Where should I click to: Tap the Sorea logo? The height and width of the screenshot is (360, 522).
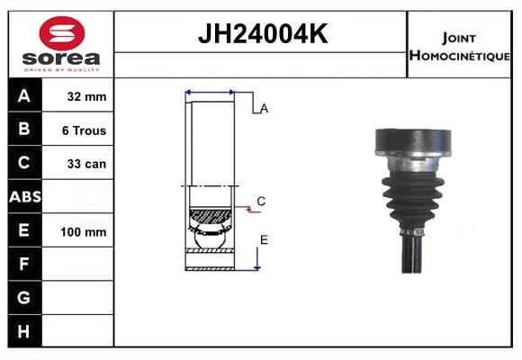tap(61, 45)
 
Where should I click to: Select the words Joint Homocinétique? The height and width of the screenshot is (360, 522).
tap(460, 46)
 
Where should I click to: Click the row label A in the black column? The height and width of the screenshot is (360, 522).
tap(24, 95)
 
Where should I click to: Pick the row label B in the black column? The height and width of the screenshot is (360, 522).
tap(24, 129)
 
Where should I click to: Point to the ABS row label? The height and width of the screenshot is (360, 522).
tap(24, 196)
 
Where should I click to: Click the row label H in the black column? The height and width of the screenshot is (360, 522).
tap(24, 331)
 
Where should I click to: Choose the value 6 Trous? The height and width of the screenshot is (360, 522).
tap(84, 130)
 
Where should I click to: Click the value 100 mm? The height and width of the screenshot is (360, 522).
tap(84, 231)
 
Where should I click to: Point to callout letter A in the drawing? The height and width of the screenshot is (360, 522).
tap(264, 109)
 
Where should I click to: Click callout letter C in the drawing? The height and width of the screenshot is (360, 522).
tap(261, 201)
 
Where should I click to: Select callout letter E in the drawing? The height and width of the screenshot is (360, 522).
tap(264, 239)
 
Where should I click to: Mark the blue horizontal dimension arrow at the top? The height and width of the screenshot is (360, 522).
tap(210, 92)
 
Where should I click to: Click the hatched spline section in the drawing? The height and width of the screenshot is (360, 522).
tap(210, 216)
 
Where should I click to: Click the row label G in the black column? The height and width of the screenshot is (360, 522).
tap(24, 297)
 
